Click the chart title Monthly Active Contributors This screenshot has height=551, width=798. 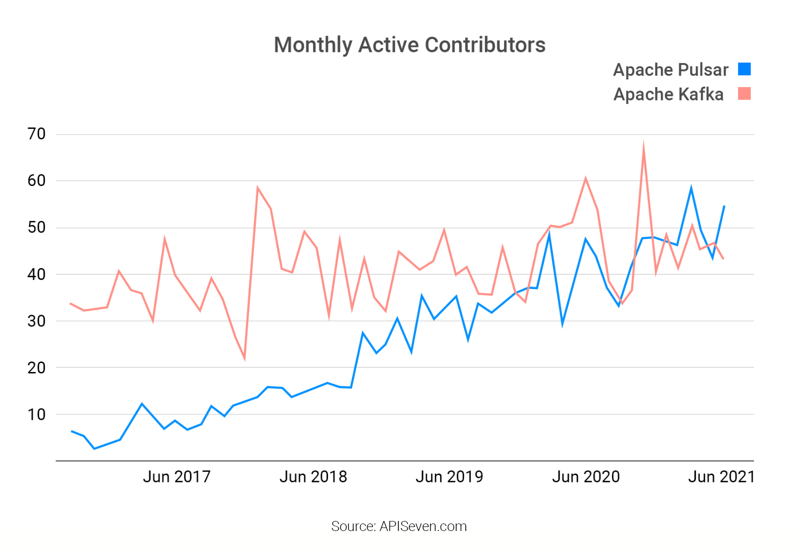coord(409,45)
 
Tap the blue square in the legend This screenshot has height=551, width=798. coord(744,69)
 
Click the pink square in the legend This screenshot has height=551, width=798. coord(744,93)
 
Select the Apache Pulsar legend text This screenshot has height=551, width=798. coord(670,69)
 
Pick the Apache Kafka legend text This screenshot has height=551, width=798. coord(668,94)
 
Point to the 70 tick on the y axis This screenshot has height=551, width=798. coord(36,134)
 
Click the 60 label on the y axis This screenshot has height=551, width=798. coord(36,180)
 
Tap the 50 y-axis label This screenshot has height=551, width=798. coord(36,227)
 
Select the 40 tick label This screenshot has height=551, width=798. coord(36,274)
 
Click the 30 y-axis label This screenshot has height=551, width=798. coord(36,321)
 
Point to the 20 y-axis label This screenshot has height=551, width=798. coord(36,367)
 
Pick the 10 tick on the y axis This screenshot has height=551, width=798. coord(36,414)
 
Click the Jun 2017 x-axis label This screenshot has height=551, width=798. coord(176,476)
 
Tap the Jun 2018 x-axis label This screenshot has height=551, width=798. coord(313,476)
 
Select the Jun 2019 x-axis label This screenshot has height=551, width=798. coord(449,476)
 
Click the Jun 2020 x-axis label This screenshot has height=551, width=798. coord(585,476)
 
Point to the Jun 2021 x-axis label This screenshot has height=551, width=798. coord(721,476)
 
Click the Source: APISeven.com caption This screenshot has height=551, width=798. coord(398,526)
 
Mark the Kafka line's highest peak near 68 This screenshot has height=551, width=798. coord(643,144)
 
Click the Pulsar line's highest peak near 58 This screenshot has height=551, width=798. coord(691,188)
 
